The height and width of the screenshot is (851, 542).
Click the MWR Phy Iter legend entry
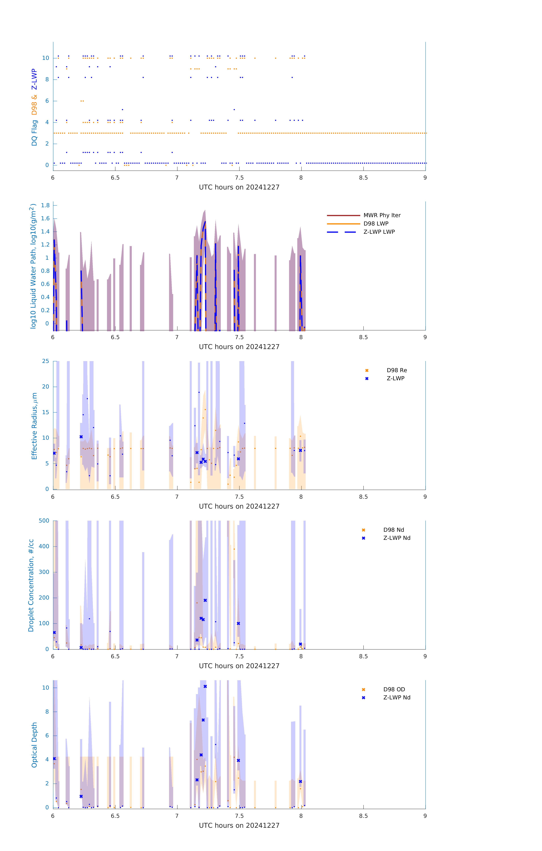pos(382,215)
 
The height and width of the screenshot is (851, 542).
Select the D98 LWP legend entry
pos(376,224)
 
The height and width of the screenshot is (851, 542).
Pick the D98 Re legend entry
pos(396,370)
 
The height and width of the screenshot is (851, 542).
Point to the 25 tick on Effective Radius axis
pos(45,361)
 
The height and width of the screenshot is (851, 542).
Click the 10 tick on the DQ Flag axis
pos(45,58)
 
